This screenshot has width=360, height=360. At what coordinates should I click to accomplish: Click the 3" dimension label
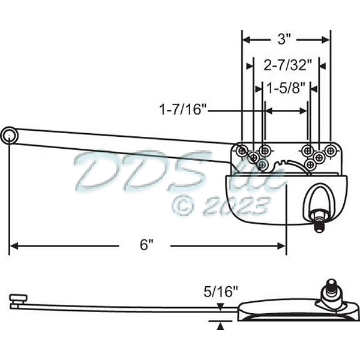click(285, 40)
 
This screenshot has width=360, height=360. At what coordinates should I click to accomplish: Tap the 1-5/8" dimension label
click(285, 88)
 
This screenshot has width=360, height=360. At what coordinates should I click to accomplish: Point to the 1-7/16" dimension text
click(183, 110)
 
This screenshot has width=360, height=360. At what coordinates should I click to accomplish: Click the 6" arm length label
click(146, 245)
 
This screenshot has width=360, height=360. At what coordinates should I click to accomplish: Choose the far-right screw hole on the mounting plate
click(329, 149)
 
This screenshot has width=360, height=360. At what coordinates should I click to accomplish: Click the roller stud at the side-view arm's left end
click(18, 298)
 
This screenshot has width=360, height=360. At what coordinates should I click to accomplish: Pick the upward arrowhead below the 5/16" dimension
click(221, 326)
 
